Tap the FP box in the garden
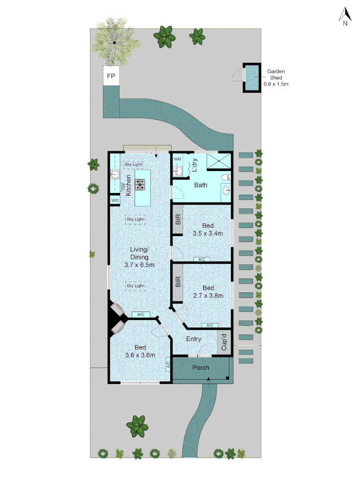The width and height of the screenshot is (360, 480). [x=111, y=76]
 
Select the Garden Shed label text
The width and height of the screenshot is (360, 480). [x=276, y=77]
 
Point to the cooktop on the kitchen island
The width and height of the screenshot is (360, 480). [x=140, y=184]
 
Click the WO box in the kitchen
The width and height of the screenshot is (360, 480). [x=115, y=201]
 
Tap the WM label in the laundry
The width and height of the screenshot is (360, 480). [x=177, y=159]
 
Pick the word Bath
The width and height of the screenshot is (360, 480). [x=201, y=185]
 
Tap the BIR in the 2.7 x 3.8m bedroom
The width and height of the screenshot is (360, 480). [x=178, y=282]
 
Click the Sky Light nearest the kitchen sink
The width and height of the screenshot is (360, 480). [x=133, y=164]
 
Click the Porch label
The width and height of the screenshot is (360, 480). [x=200, y=368]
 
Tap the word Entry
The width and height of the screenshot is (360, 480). [x=194, y=339]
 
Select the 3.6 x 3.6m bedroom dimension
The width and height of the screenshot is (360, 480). [x=140, y=355]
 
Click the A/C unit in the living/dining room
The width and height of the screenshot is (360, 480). [x=141, y=315]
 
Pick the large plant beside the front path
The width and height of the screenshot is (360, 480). [x=137, y=425]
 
